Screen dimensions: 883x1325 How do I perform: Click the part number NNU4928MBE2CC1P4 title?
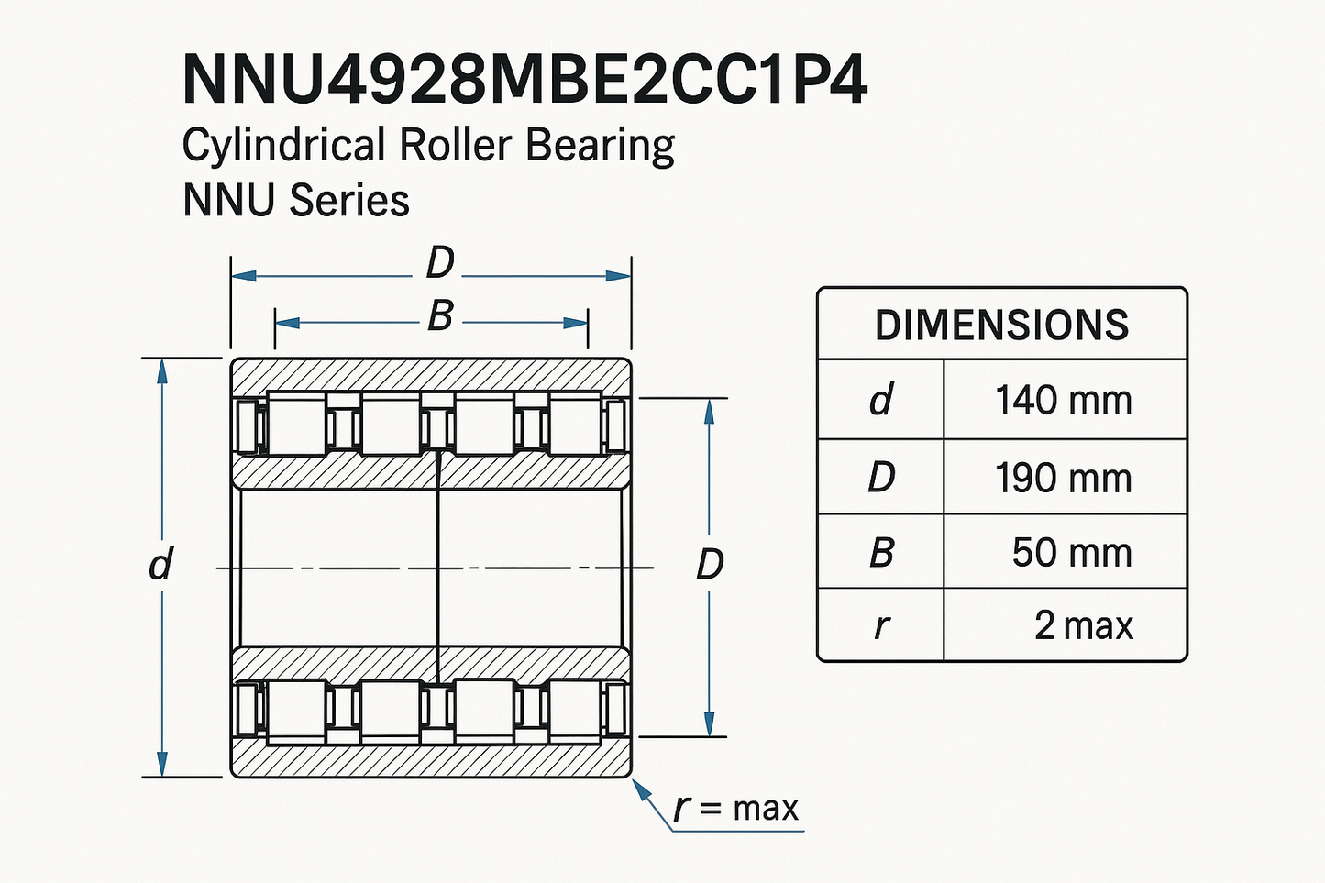click(524, 81)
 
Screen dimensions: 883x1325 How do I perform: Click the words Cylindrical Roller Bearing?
click(428, 147)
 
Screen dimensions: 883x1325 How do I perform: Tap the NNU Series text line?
click(295, 201)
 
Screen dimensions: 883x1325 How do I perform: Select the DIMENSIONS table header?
click(1001, 326)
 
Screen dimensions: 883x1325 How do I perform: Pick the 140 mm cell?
click(1064, 401)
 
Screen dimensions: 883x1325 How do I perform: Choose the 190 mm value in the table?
click(1064, 478)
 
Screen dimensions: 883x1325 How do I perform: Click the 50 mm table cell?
click(1071, 552)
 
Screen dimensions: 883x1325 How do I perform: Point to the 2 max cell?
click(1083, 626)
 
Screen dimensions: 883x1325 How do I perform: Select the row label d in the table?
click(880, 401)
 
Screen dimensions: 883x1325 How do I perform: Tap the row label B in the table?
click(880, 553)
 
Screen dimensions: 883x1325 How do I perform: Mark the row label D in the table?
click(880, 478)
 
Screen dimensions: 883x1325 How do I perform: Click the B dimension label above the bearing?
click(440, 316)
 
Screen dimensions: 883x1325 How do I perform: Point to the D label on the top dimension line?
click(440, 264)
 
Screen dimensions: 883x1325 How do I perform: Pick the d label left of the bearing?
click(160, 564)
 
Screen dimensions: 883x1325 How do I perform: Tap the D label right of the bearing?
click(710, 565)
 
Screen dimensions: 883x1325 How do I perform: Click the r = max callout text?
click(736, 809)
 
